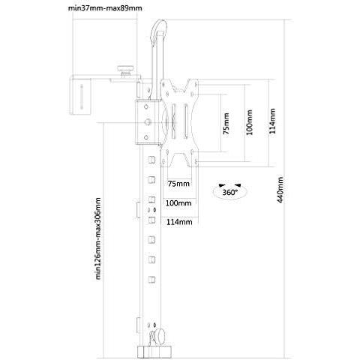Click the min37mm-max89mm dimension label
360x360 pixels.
(x=105, y=8)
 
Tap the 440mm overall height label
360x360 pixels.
(x=280, y=190)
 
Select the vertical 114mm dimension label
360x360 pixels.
(x=272, y=121)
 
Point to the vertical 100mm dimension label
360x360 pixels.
(x=249, y=122)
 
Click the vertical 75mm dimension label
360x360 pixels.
(x=226, y=124)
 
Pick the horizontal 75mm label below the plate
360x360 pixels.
(x=178, y=184)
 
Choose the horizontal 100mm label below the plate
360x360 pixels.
(x=178, y=203)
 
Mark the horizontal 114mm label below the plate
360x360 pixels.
(x=179, y=222)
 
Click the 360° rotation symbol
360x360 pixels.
(x=229, y=191)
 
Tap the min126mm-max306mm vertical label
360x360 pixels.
(x=98, y=238)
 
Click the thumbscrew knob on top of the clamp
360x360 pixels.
(x=125, y=70)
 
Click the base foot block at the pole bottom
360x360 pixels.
(x=154, y=352)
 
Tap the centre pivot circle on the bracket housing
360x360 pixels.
(x=148, y=122)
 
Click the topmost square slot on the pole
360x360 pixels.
(x=151, y=160)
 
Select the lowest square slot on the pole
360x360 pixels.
(x=151, y=280)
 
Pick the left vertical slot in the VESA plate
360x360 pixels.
(x=174, y=121)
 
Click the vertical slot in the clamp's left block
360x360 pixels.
(x=82, y=97)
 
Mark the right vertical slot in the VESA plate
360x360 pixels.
(x=186, y=121)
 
